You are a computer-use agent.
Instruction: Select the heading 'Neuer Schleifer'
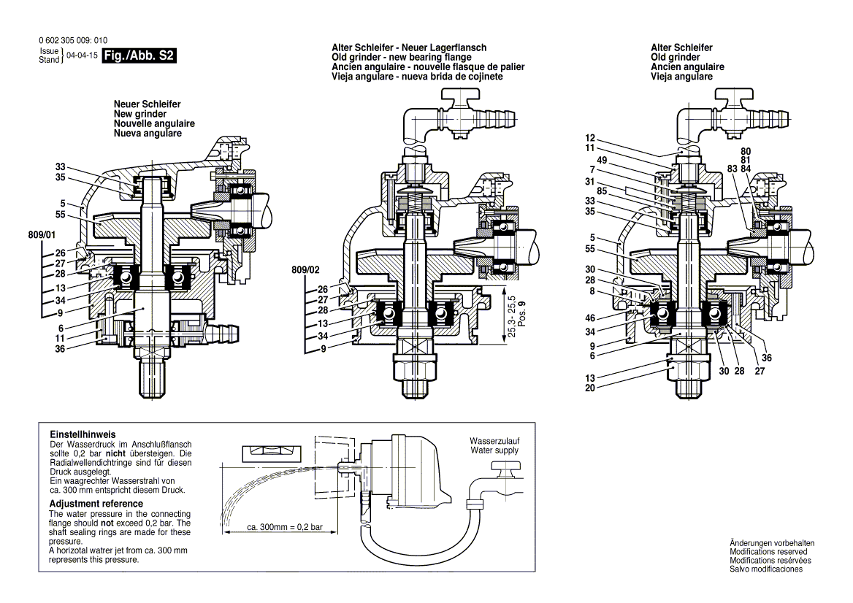[147, 105]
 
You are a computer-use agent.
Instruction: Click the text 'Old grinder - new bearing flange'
[401, 57]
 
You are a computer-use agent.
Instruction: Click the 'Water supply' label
[494, 450]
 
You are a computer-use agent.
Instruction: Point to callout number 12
[591, 138]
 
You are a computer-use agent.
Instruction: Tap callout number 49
[602, 160]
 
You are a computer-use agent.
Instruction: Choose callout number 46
[591, 318]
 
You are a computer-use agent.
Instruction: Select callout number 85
[602, 192]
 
